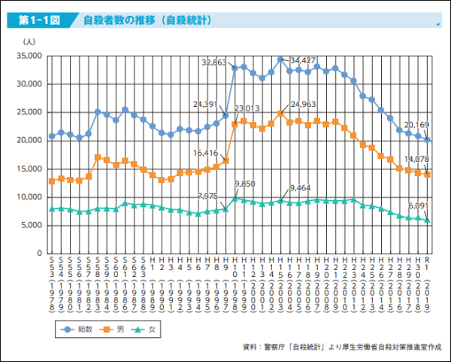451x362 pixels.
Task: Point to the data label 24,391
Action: click(207, 105)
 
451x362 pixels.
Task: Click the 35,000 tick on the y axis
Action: click(29, 56)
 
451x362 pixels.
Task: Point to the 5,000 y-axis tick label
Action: click(32, 225)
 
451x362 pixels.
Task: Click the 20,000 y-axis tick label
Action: click(29, 140)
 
